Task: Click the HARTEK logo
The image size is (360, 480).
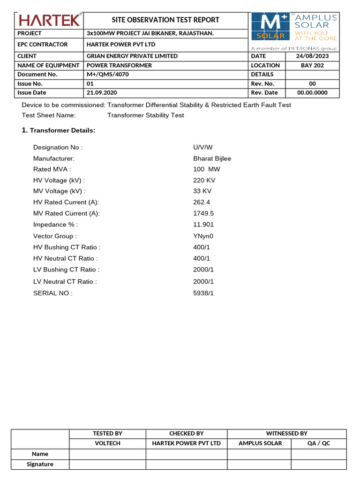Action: coord(49,20)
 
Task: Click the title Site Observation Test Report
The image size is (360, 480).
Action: coord(165,20)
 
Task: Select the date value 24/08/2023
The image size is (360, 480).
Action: coord(313,56)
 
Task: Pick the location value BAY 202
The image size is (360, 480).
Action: coord(312,65)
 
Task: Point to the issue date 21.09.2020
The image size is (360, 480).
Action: coord(101,93)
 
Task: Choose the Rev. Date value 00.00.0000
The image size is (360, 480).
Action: coord(312,93)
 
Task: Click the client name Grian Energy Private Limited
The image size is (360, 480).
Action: coord(132,56)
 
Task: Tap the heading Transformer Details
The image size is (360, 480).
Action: coord(62,130)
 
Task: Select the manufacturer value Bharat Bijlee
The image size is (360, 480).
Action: coord(212,158)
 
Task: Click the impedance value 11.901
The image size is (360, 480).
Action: coord(203,225)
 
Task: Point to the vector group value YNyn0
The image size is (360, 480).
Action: coord(203,236)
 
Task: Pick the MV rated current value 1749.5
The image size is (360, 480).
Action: coord(203,214)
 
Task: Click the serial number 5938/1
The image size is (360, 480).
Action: coord(203,293)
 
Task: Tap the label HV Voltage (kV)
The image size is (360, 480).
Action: coord(59,180)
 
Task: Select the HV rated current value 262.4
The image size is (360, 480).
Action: coord(202,202)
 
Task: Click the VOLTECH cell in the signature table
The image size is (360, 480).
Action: coord(107,443)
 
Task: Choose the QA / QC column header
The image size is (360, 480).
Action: coord(319,443)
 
